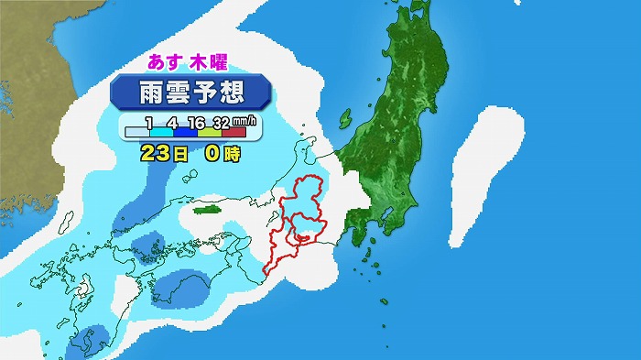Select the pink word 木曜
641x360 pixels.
(210, 64)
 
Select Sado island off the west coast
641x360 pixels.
(346, 118)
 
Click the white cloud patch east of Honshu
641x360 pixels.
(484, 174)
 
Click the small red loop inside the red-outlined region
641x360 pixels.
(298, 236)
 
